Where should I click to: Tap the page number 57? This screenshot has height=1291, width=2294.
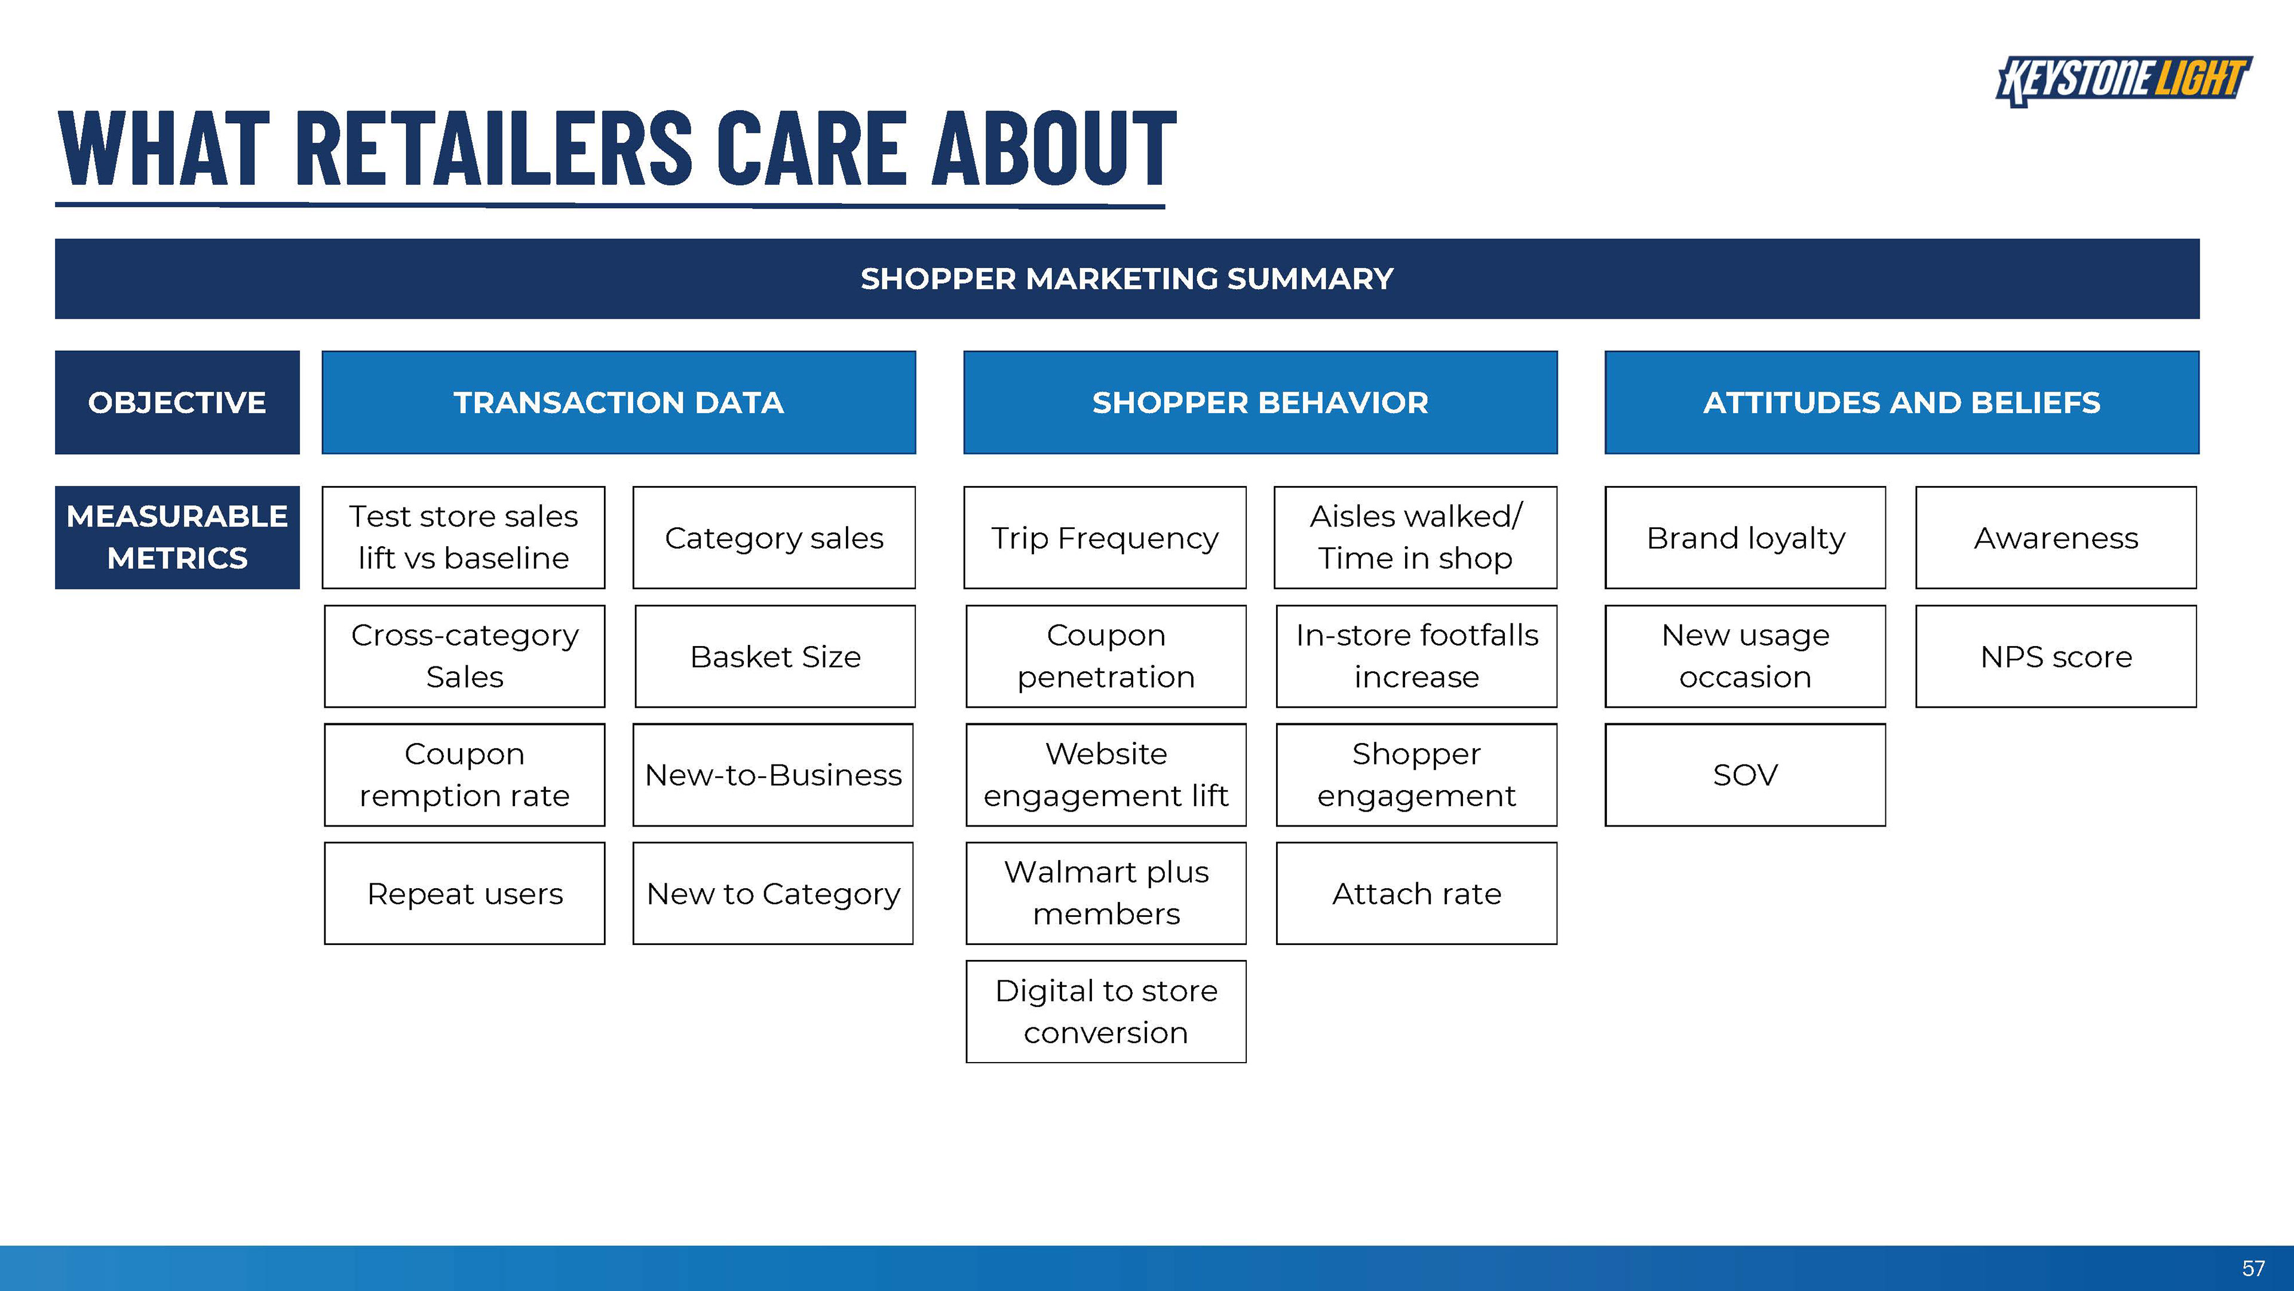coord(2253,1268)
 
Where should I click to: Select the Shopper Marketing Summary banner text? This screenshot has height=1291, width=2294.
coord(1127,279)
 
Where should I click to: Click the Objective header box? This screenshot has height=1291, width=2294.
coord(177,403)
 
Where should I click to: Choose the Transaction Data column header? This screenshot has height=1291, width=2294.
coord(619,403)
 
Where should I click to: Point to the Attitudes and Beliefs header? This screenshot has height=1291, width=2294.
coord(1902,403)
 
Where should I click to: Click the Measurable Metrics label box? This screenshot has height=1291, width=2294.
coord(177,537)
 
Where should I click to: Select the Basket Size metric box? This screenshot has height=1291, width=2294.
coord(775,657)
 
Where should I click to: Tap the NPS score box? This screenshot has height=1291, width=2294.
coord(2056,657)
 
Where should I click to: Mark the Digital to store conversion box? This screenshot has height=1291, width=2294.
coord(1106,1011)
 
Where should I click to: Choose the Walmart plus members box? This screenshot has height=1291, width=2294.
coord(1106,894)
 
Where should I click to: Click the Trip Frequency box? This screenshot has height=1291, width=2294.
coord(1105,537)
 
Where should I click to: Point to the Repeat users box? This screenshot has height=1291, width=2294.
coord(465,894)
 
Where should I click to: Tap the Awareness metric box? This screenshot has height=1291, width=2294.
coord(2056,537)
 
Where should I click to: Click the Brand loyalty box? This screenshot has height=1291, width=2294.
coord(1746,537)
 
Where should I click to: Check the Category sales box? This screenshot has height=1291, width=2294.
coord(774,537)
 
